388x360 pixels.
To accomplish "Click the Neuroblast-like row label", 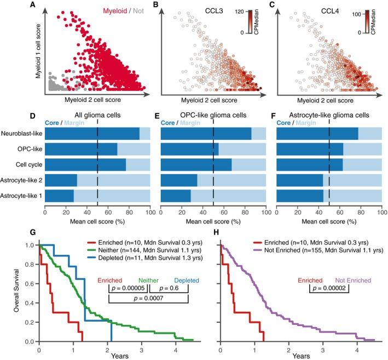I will (22, 133).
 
